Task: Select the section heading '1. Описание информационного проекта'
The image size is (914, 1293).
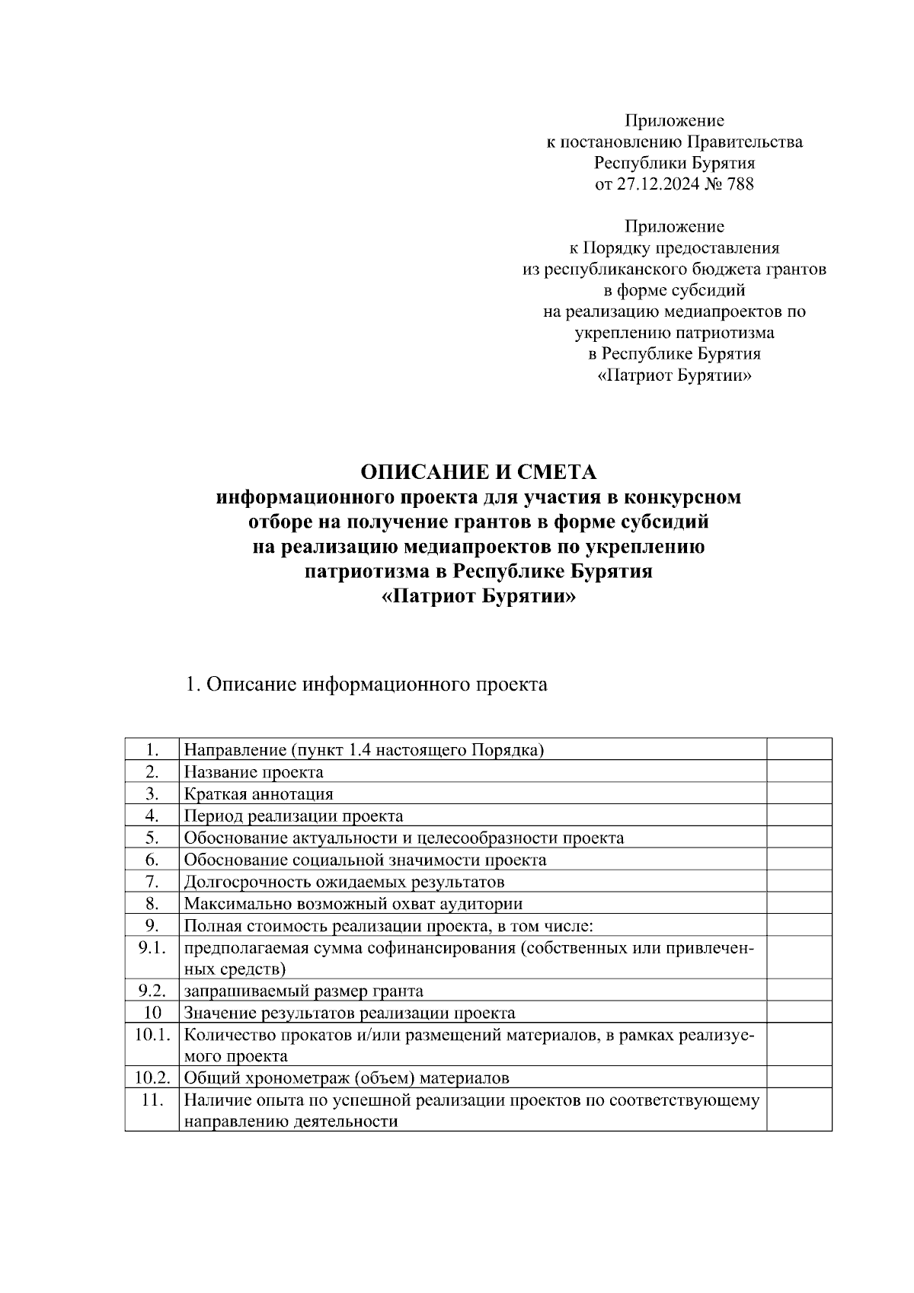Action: pos(366,684)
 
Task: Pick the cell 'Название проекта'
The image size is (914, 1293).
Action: pos(254,772)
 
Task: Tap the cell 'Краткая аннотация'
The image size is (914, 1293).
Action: pos(259,794)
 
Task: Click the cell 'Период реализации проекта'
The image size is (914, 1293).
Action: pos(293,816)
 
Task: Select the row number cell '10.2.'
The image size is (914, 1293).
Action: pos(152,1077)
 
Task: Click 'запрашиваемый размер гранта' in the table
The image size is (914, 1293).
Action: pos(304,991)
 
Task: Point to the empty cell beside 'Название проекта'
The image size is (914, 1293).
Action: pos(798,772)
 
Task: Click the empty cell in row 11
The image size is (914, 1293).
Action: pos(798,1110)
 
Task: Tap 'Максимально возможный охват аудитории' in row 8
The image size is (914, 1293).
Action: pos(353,904)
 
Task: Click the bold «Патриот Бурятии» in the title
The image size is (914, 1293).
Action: pos(478,596)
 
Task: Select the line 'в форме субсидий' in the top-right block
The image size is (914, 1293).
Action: pos(674,290)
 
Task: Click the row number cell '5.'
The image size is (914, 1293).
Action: pos(152,838)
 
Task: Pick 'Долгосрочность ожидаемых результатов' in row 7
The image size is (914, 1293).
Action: pos(344,882)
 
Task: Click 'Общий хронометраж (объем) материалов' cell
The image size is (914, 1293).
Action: pos(347,1077)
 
